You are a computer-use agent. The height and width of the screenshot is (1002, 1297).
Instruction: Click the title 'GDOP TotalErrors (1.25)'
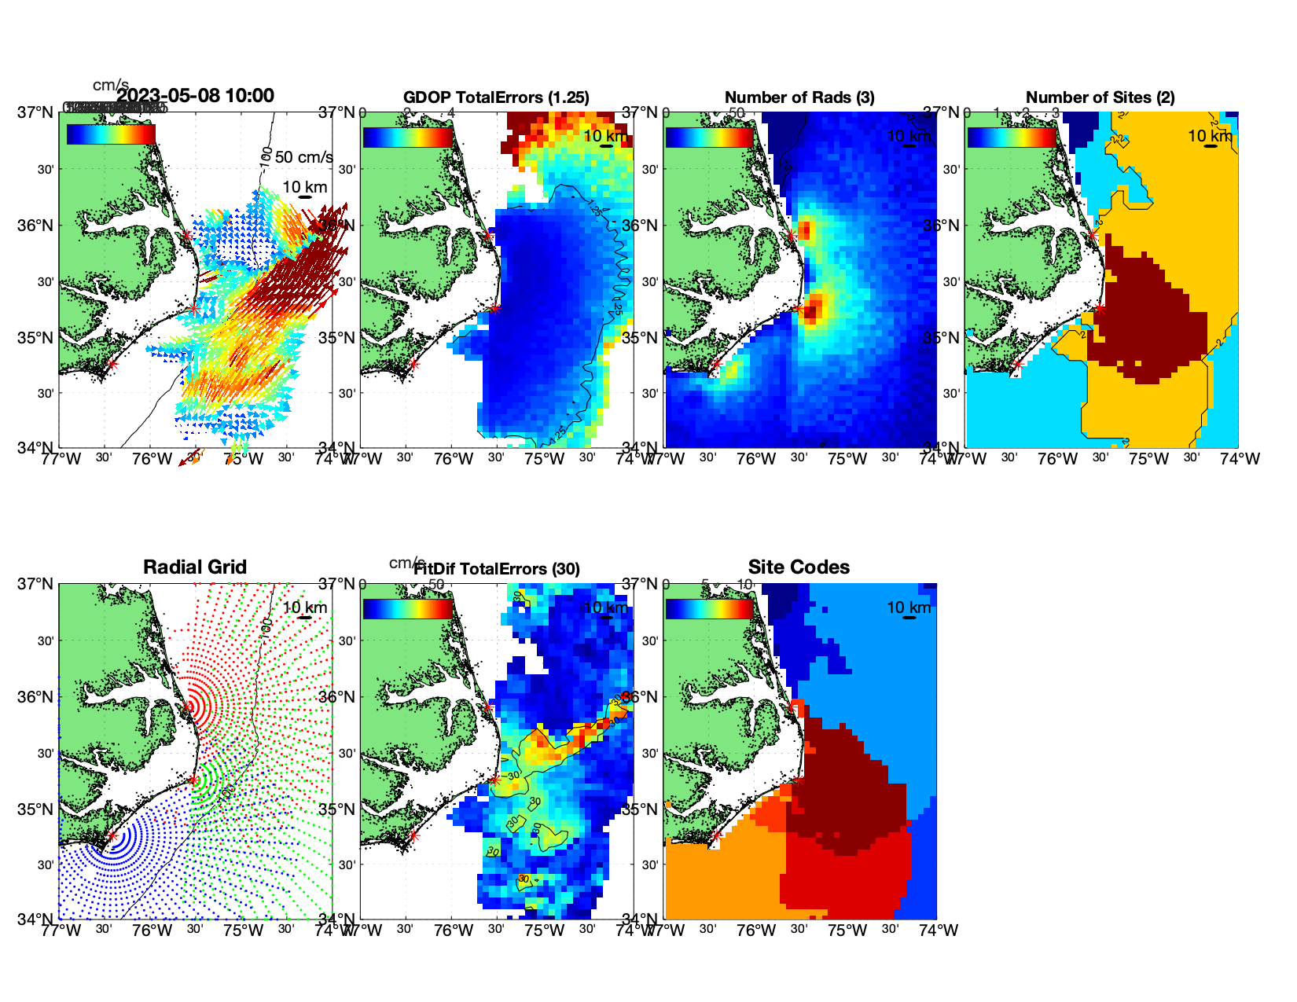click(496, 97)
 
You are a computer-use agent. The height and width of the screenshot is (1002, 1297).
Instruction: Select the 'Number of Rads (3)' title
click(799, 97)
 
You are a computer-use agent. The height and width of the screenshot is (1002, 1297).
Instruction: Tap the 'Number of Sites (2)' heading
click(1100, 97)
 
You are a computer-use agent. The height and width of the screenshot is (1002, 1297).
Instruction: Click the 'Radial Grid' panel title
click(195, 567)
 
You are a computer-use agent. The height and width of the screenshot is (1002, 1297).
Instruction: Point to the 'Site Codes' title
click(799, 567)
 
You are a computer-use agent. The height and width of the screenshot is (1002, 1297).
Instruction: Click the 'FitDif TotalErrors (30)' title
click(497, 569)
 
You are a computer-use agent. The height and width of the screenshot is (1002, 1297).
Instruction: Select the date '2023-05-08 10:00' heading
click(195, 96)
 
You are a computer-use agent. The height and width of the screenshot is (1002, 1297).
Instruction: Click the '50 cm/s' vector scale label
click(303, 157)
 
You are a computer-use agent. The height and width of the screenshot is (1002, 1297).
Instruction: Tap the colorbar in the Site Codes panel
click(710, 609)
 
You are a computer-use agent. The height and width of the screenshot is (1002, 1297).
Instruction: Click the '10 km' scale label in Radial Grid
click(305, 607)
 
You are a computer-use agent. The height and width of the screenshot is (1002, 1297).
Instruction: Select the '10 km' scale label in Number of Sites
click(1210, 136)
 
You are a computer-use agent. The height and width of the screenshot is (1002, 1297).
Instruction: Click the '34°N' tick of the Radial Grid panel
click(35, 919)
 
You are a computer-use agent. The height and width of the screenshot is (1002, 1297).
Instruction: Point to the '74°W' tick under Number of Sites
click(1240, 459)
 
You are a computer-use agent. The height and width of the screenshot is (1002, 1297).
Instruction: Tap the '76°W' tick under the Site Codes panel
click(756, 930)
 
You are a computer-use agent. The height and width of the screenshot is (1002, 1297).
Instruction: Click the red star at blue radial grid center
click(112, 836)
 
